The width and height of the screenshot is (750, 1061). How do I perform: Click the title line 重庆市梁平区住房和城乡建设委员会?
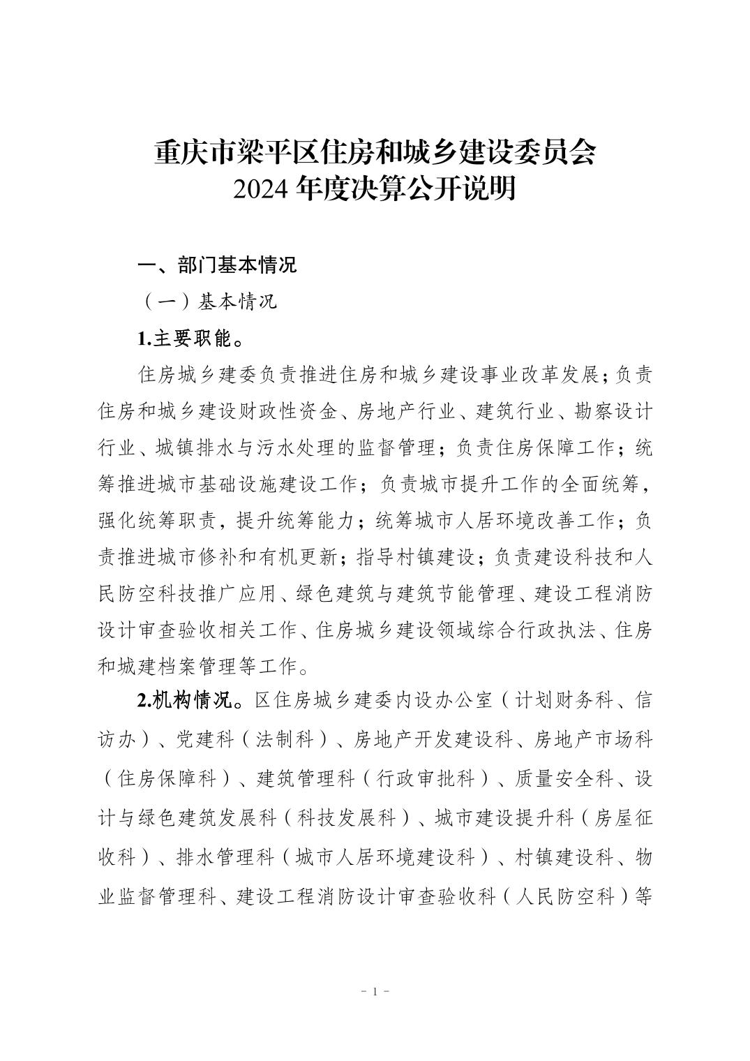[x=375, y=153]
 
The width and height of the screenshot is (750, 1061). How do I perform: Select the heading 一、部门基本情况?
[x=217, y=265]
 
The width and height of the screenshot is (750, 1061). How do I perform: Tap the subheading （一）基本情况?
[x=209, y=302]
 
